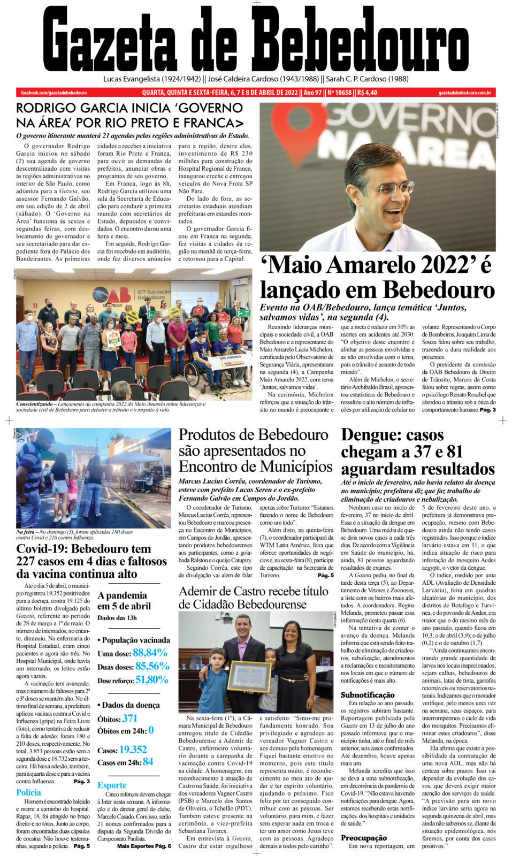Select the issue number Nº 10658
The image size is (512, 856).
pyautogui.click(x=339, y=93)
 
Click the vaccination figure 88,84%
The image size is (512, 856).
pyautogui.click(x=150, y=653)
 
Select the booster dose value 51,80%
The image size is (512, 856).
pyautogui.click(x=151, y=679)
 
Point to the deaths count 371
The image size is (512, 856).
pyautogui.click(x=129, y=719)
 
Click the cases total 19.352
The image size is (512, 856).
pyautogui.click(x=133, y=750)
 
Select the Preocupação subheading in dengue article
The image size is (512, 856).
pyautogui.click(x=364, y=838)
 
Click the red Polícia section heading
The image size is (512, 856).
pyautogui.click(x=28, y=793)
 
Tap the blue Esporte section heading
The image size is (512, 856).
pyautogui.click(x=112, y=785)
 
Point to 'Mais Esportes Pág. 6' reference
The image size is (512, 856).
pyautogui.click(x=144, y=846)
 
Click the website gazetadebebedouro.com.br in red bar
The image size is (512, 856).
pyautogui.click(x=464, y=93)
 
